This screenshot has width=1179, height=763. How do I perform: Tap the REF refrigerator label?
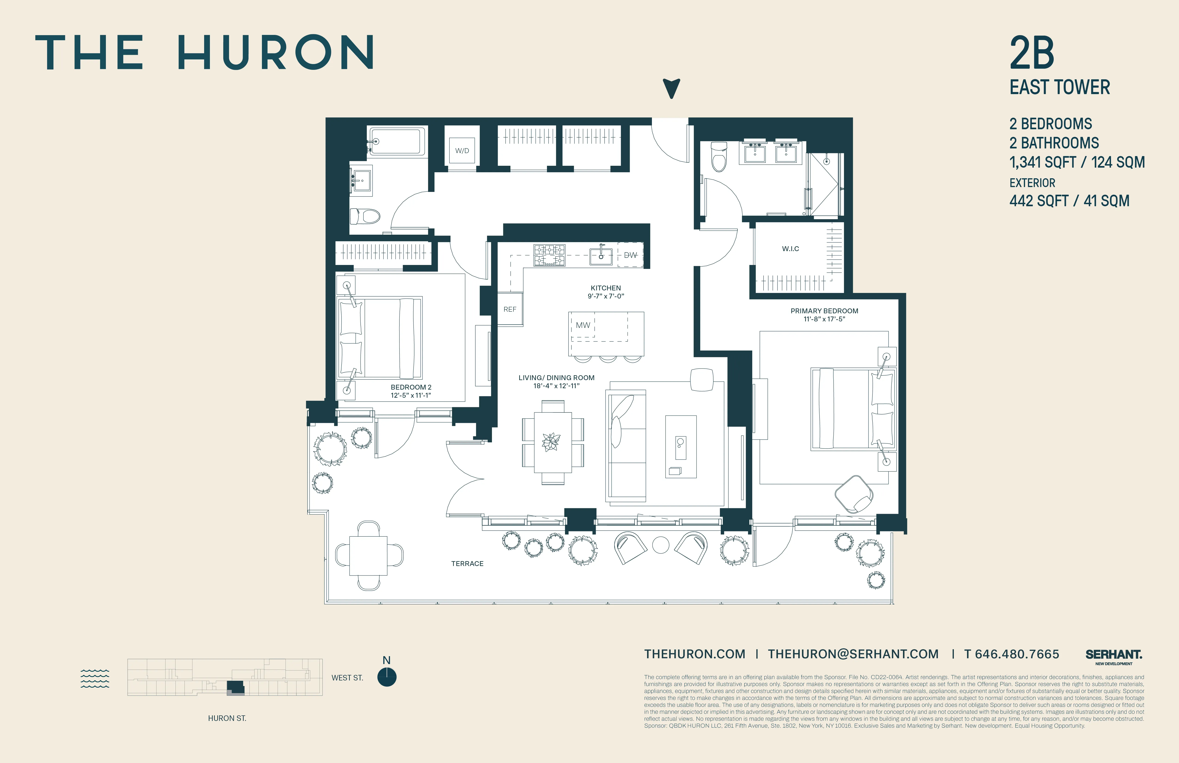coord(510,309)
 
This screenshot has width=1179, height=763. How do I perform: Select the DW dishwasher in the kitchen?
coord(630,255)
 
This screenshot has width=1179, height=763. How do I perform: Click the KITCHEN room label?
coord(605,288)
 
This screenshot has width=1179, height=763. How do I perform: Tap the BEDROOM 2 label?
coord(411,387)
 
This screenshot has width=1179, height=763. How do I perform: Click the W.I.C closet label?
coord(790,249)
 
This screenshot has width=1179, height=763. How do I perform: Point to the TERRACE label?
coord(467,563)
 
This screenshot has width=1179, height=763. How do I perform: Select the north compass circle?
coord(386,677)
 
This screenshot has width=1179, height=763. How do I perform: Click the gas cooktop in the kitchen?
coord(549,255)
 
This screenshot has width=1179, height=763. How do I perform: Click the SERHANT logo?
coord(1114,655)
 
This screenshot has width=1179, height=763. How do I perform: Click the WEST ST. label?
coord(347,678)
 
